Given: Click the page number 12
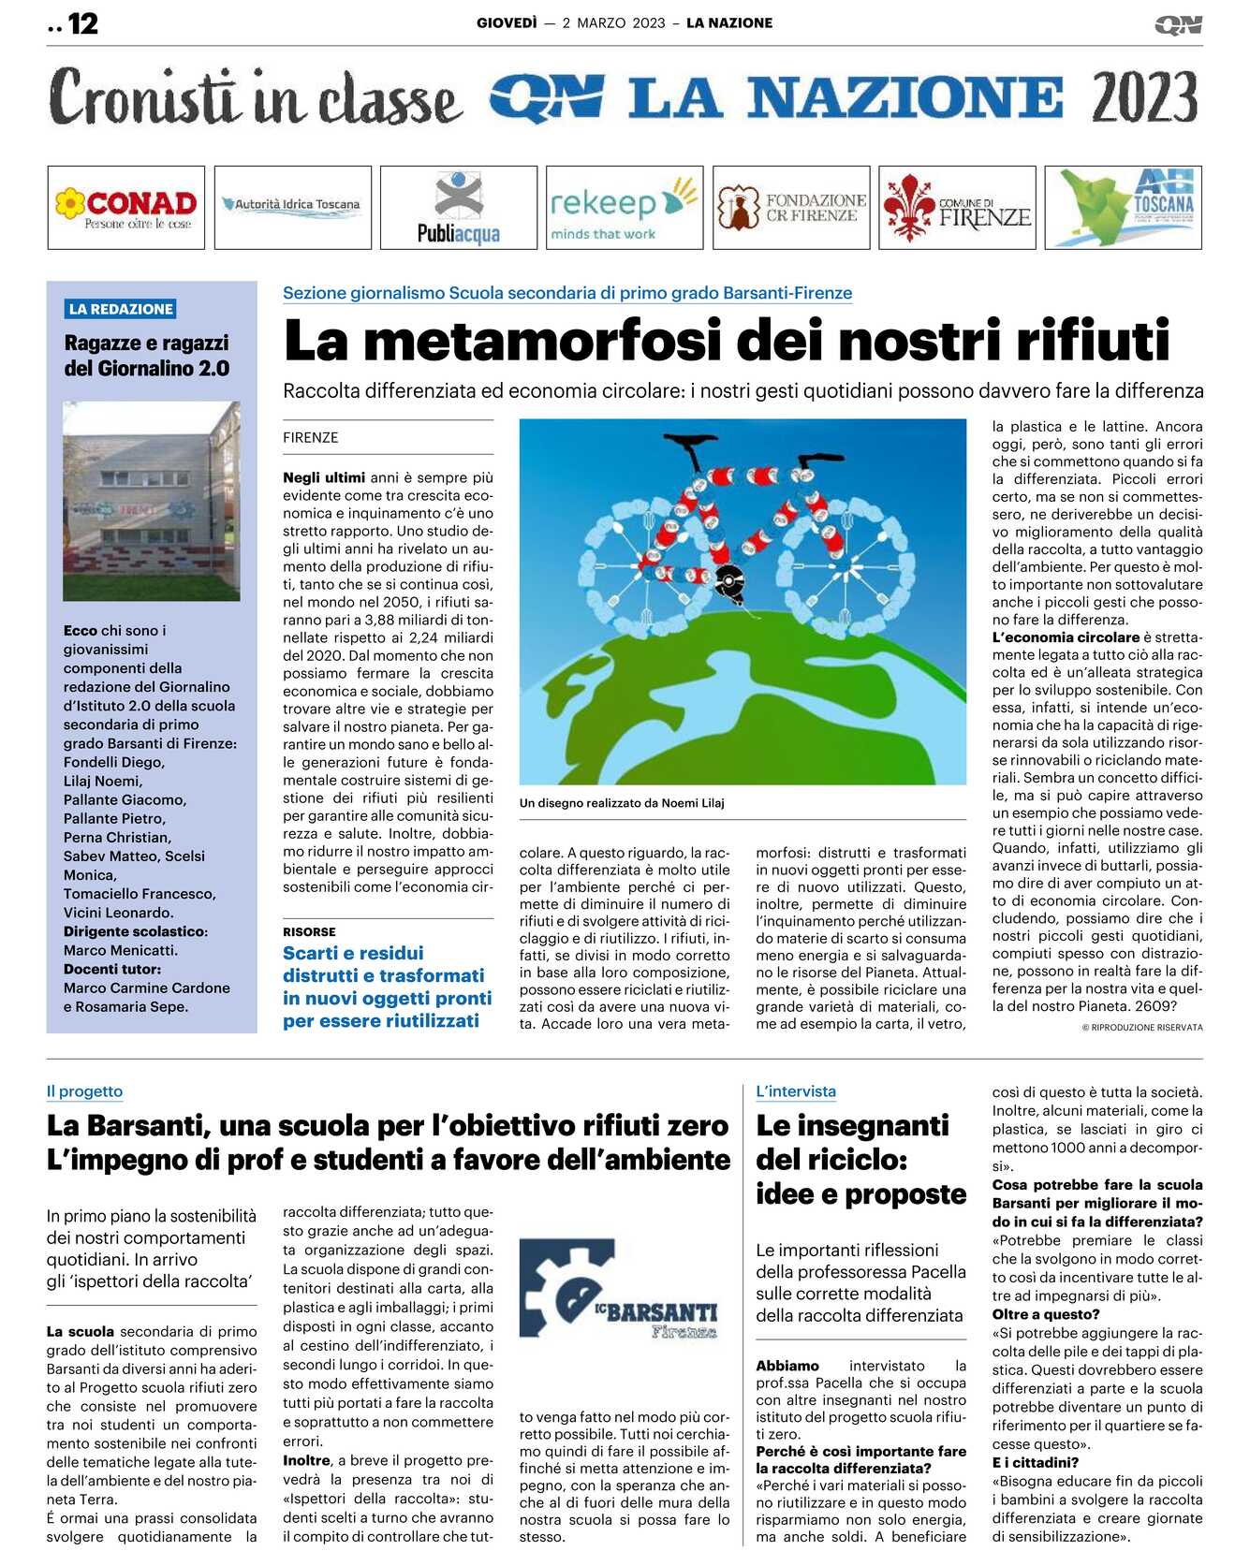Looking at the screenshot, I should [82, 23].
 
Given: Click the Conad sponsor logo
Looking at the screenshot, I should [126, 208].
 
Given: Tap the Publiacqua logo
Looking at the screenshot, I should [459, 208].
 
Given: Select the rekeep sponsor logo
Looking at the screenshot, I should [624, 208].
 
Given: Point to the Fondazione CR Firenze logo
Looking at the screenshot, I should [791, 208].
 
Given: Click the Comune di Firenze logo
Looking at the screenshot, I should [957, 208].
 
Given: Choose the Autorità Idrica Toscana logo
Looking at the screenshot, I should [292, 205].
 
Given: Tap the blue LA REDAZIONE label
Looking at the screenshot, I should [121, 309].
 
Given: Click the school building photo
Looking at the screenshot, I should [152, 501].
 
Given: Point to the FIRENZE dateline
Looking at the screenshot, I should [311, 437].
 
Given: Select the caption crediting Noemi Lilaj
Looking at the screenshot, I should [622, 803].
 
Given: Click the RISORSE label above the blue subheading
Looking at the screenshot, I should [309, 932].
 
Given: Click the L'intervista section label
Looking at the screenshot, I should [796, 1091].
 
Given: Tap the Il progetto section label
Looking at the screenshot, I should [84, 1091].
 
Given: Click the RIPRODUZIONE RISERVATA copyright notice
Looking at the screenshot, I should [1142, 1028].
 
